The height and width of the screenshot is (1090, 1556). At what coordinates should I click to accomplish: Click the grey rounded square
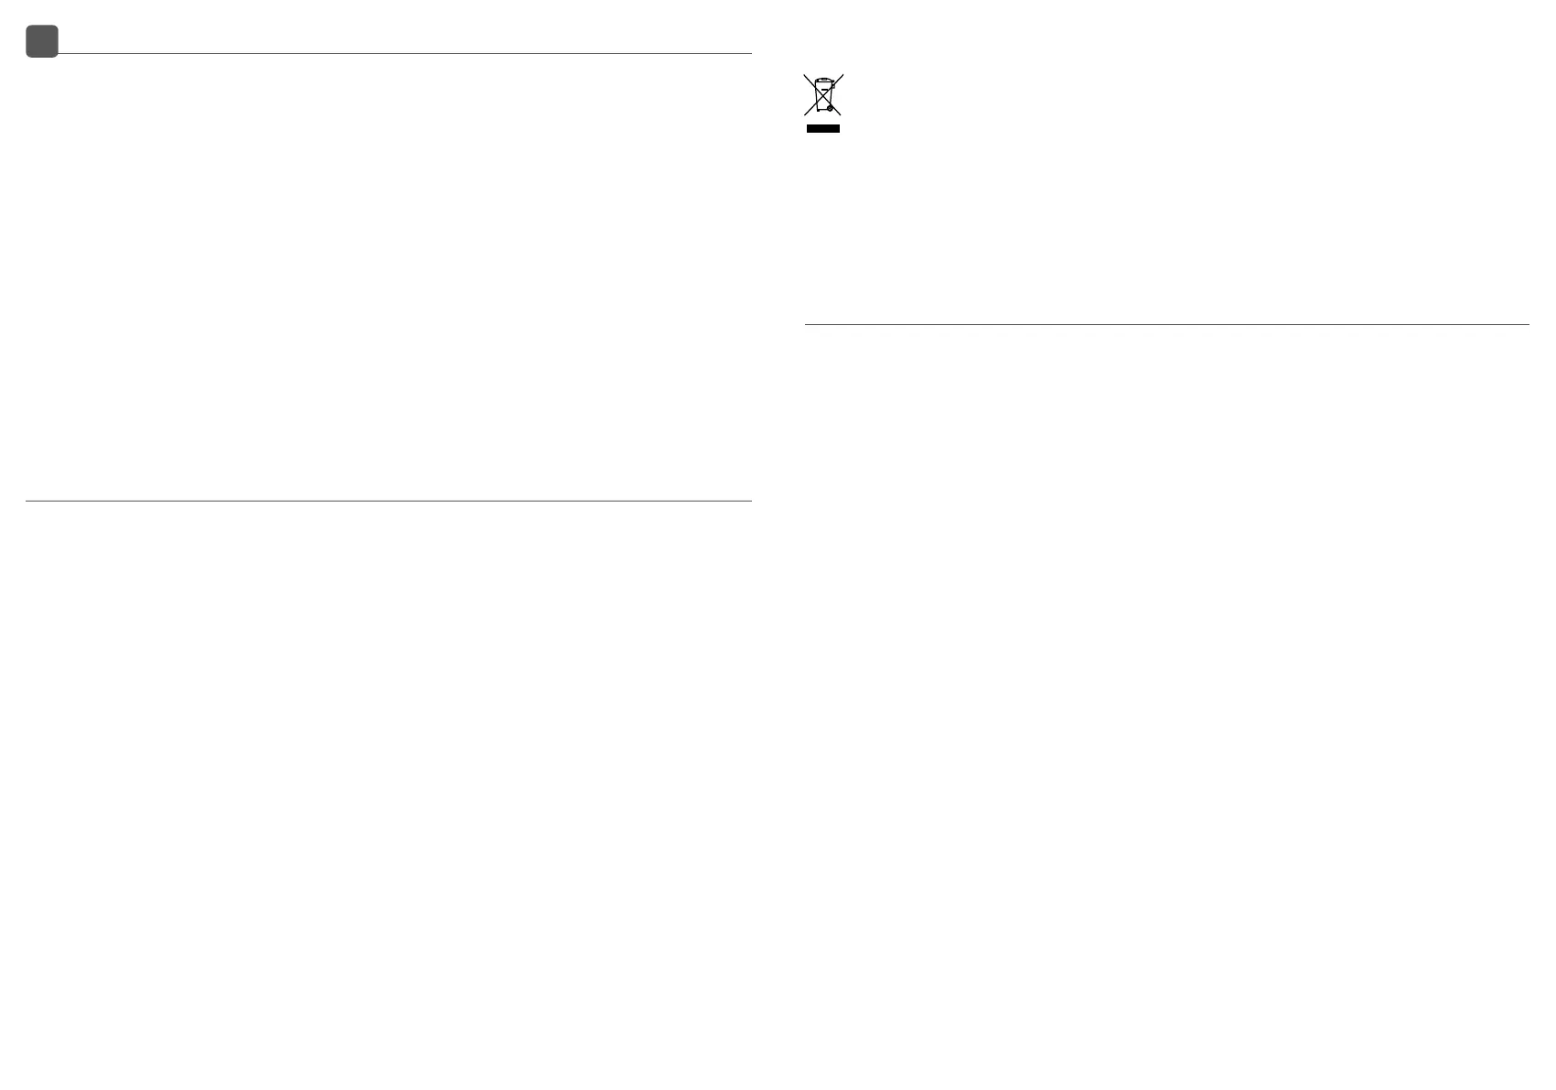coord(42,41)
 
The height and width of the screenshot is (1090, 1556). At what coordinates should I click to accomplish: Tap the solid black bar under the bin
coord(822,129)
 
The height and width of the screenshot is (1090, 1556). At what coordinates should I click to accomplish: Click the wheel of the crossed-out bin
coord(830,108)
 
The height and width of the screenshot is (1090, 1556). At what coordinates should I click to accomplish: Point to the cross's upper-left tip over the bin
coord(805,75)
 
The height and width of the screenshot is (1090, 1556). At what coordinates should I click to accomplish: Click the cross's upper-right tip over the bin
coord(842,75)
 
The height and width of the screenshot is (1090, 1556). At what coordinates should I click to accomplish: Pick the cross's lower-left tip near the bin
coord(805,114)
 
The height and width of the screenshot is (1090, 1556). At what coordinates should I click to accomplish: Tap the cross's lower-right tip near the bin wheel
coord(841,114)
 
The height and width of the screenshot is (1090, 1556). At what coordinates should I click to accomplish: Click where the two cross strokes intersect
coord(823,95)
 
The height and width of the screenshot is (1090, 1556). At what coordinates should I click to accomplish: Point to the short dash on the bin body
coord(824,91)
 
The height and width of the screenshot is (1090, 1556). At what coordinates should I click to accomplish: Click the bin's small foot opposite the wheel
coord(817,110)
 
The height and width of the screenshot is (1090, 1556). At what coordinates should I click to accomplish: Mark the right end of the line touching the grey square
coord(751,54)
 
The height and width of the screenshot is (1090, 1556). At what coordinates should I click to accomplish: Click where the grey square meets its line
coord(59,54)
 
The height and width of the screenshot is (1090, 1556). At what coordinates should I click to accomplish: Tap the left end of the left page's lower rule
coord(27,501)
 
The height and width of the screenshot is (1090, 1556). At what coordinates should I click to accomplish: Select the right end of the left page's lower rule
coord(751,501)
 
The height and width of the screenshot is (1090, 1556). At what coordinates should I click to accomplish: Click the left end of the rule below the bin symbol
coord(806,324)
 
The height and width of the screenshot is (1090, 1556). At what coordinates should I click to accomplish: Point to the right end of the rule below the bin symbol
coord(1529,324)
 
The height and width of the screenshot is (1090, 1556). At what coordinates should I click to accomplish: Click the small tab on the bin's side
coord(833,86)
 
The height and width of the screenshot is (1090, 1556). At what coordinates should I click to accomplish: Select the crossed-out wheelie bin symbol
coord(823,95)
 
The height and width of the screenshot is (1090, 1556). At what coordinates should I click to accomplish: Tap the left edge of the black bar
coord(808,129)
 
